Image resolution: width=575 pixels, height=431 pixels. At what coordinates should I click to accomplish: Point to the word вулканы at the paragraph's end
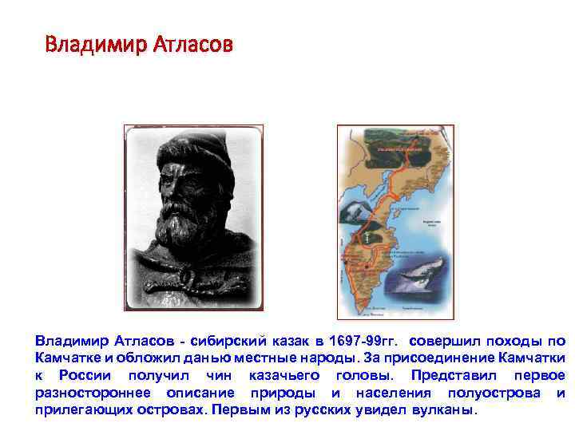point(440,411)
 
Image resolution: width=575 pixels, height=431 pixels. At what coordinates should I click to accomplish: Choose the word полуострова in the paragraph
point(490,393)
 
